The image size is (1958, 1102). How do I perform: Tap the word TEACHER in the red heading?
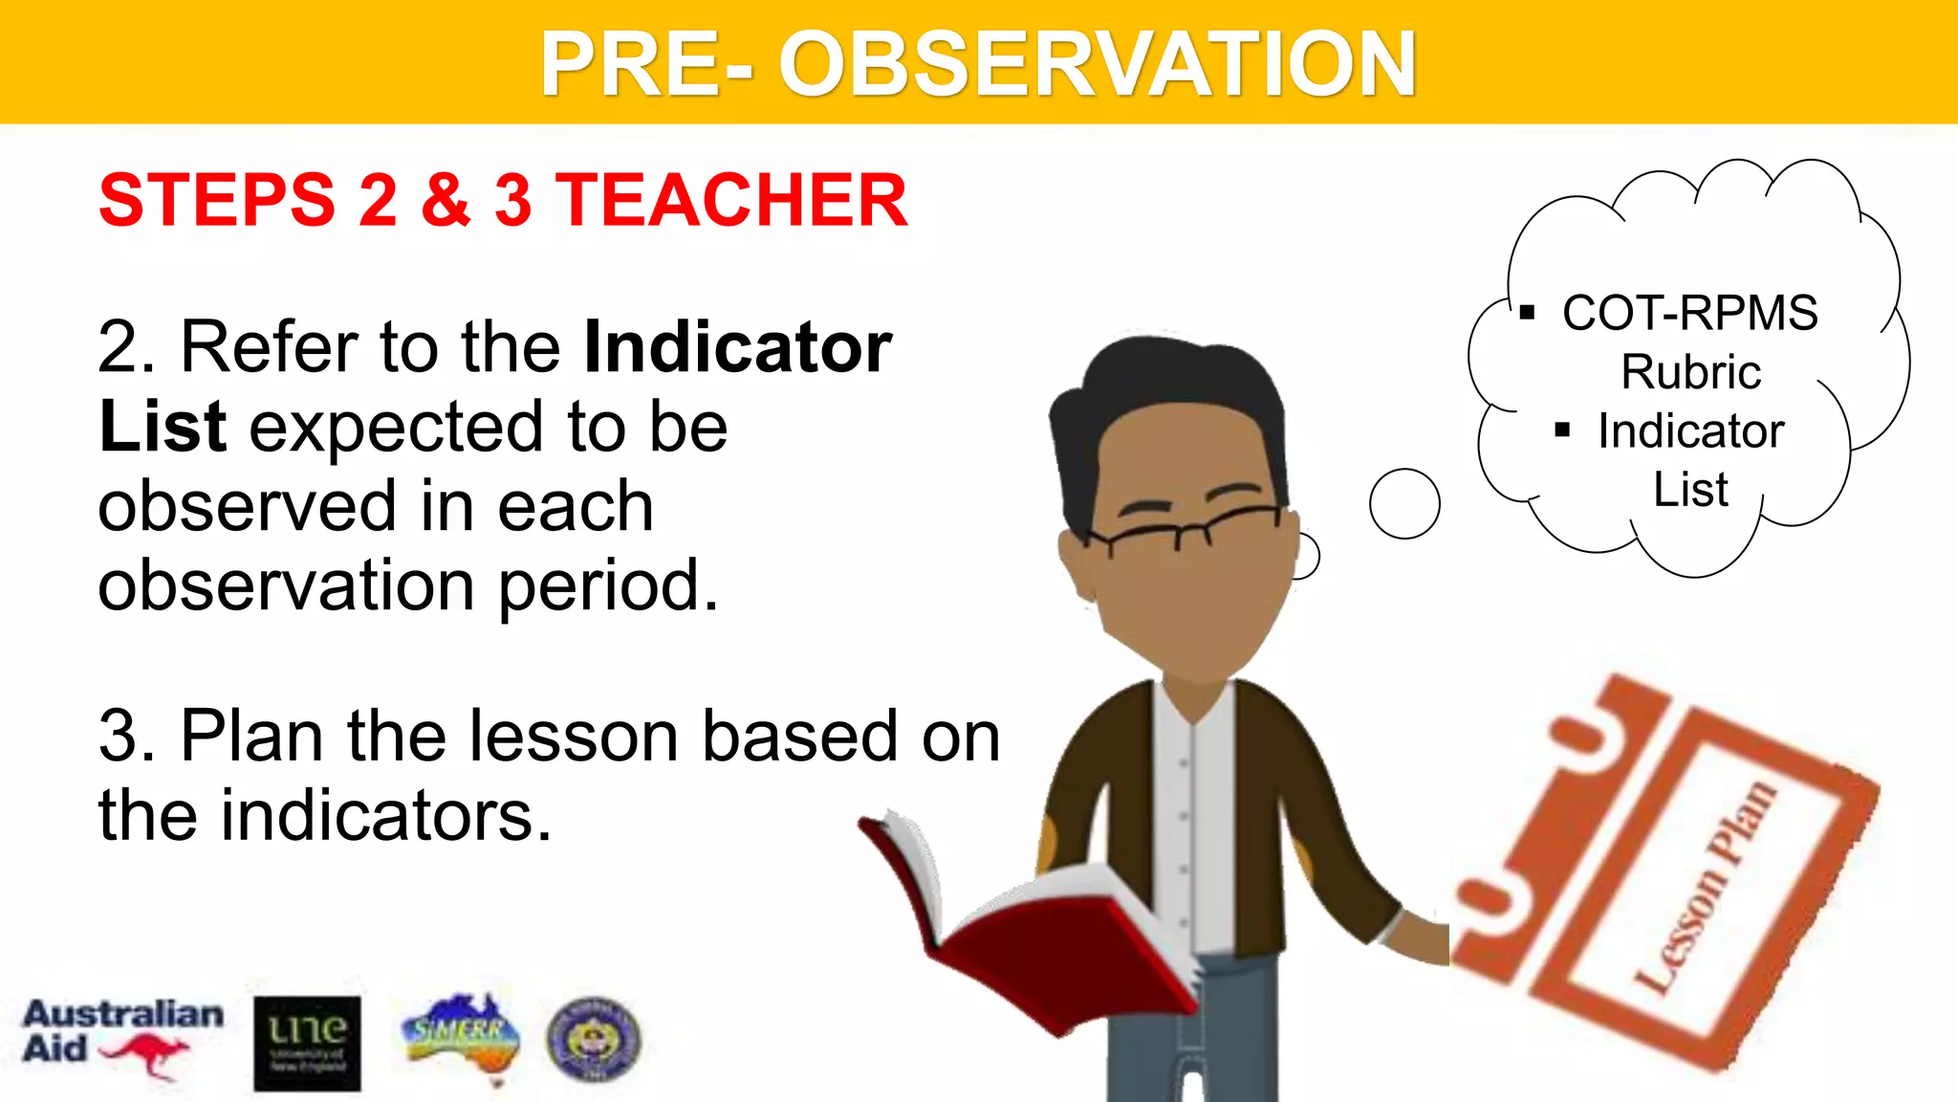point(731,200)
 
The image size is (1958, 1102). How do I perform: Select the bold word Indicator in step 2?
point(737,347)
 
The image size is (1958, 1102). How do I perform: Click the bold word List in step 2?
point(163,427)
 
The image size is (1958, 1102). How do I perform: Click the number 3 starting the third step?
point(124,737)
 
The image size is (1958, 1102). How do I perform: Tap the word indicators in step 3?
point(386,816)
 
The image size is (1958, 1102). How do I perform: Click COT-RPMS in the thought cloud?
point(1689,313)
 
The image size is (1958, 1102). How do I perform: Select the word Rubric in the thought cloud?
point(1690,372)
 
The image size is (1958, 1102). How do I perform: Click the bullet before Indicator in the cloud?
point(1562,431)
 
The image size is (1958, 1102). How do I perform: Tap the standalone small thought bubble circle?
point(1403,503)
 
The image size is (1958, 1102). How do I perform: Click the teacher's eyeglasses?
point(1186,527)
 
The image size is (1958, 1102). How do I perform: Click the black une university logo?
point(307,1044)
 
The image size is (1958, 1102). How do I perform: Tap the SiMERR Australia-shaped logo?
point(462,1036)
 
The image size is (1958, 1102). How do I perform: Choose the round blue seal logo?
point(593,1039)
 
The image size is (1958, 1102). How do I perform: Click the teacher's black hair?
point(1166,392)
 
